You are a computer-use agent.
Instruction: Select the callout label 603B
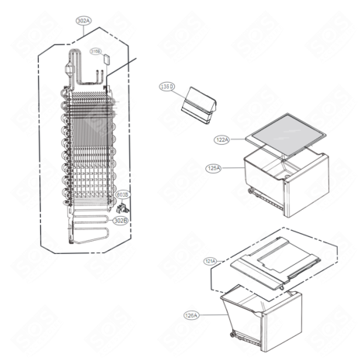122,195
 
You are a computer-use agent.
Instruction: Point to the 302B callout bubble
120,221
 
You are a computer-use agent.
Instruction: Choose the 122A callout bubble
223,140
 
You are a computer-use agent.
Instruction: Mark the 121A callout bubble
211,261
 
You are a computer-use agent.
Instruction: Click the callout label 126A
191,314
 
